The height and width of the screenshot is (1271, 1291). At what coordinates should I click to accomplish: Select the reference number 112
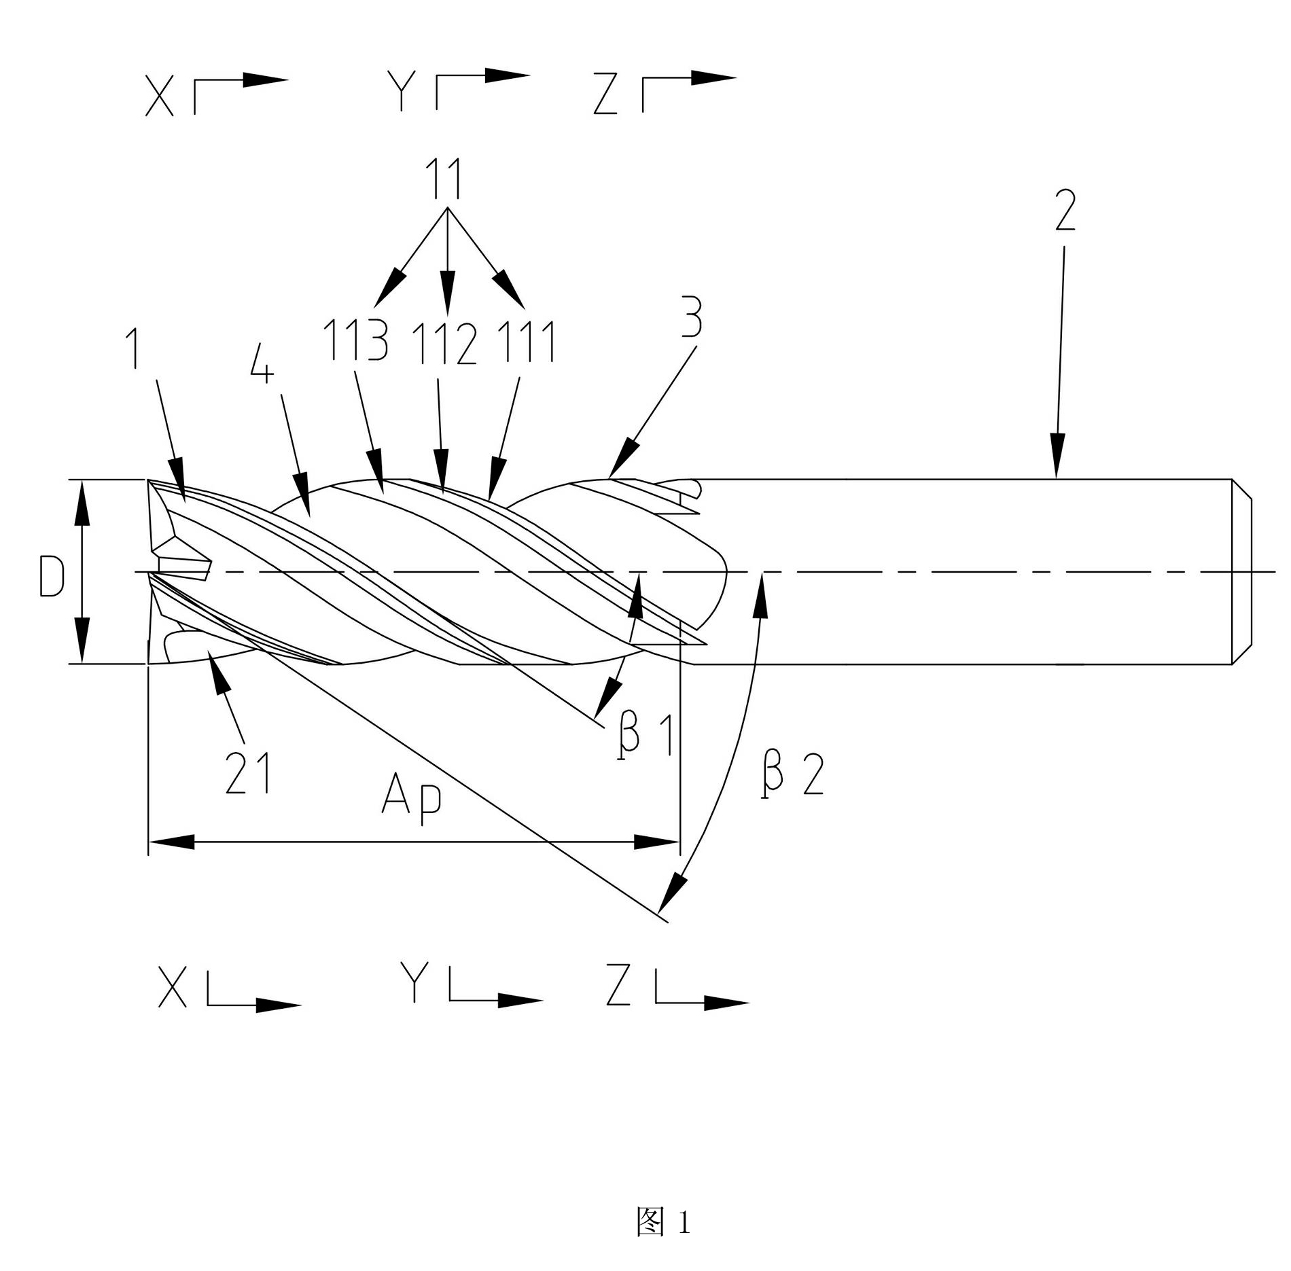[x=445, y=343]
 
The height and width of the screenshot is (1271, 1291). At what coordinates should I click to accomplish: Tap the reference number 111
[x=527, y=341]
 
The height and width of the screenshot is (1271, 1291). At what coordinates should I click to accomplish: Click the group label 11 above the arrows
[x=445, y=178]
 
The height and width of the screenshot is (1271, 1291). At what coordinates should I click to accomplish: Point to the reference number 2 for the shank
[x=1065, y=210]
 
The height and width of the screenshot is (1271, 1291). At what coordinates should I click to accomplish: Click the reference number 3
[x=692, y=317]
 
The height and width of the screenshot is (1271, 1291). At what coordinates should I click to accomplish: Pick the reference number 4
[x=262, y=365]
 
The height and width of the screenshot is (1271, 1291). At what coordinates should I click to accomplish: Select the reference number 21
[x=248, y=773]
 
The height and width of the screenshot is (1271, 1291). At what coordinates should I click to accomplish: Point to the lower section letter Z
[x=619, y=986]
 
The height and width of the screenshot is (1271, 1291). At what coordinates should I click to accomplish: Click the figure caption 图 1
[x=663, y=1221]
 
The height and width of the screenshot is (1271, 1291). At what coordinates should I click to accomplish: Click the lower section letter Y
[x=414, y=984]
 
